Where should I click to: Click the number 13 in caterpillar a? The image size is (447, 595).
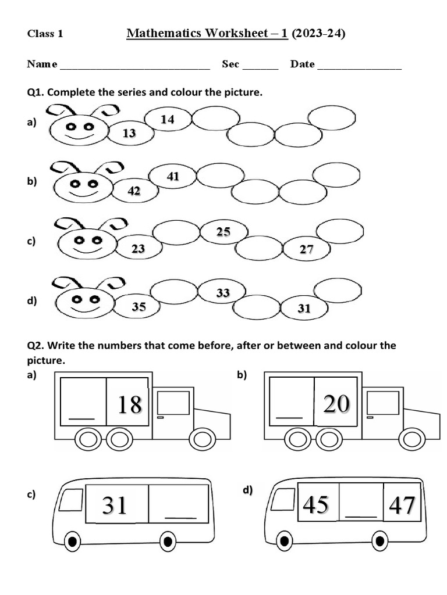(x=129, y=134)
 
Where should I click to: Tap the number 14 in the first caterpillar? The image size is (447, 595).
(x=168, y=119)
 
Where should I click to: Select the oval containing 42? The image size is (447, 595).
(x=134, y=191)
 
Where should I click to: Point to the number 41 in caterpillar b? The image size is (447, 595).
(x=173, y=177)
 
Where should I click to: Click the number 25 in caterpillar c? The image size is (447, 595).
(x=223, y=232)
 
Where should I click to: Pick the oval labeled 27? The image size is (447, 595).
(x=307, y=250)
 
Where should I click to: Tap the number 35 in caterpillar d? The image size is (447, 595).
(x=139, y=307)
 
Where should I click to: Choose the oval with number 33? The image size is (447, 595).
(x=223, y=293)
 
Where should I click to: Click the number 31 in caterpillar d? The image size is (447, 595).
(x=304, y=309)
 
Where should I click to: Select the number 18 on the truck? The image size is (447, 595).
(x=129, y=404)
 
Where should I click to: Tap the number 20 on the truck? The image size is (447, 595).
(x=336, y=403)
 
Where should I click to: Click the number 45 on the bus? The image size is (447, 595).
(x=316, y=505)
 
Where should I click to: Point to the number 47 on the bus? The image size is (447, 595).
(x=402, y=506)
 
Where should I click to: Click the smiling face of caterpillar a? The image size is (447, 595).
(x=79, y=130)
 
